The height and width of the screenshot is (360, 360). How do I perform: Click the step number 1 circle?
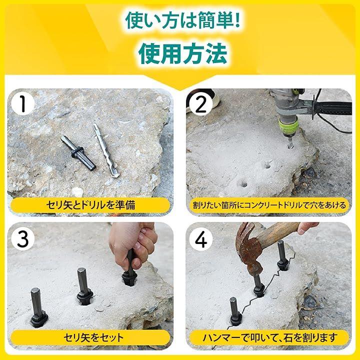[22, 104]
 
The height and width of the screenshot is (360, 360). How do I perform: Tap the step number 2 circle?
[201, 104]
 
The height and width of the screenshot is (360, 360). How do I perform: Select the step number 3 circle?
[22, 239]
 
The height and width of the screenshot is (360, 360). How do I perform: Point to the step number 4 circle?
[201, 239]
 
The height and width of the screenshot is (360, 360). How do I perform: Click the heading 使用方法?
[183, 53]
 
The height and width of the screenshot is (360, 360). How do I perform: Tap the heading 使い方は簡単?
[183, 21]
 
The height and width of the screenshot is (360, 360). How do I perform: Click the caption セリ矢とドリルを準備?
[90, 205]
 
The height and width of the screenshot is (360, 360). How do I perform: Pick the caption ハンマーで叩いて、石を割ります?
[270, 337]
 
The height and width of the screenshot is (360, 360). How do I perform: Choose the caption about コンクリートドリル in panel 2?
[269, 205]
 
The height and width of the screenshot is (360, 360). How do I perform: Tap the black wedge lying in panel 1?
[78, 153]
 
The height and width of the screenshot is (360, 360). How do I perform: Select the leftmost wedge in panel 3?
[38, 308]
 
